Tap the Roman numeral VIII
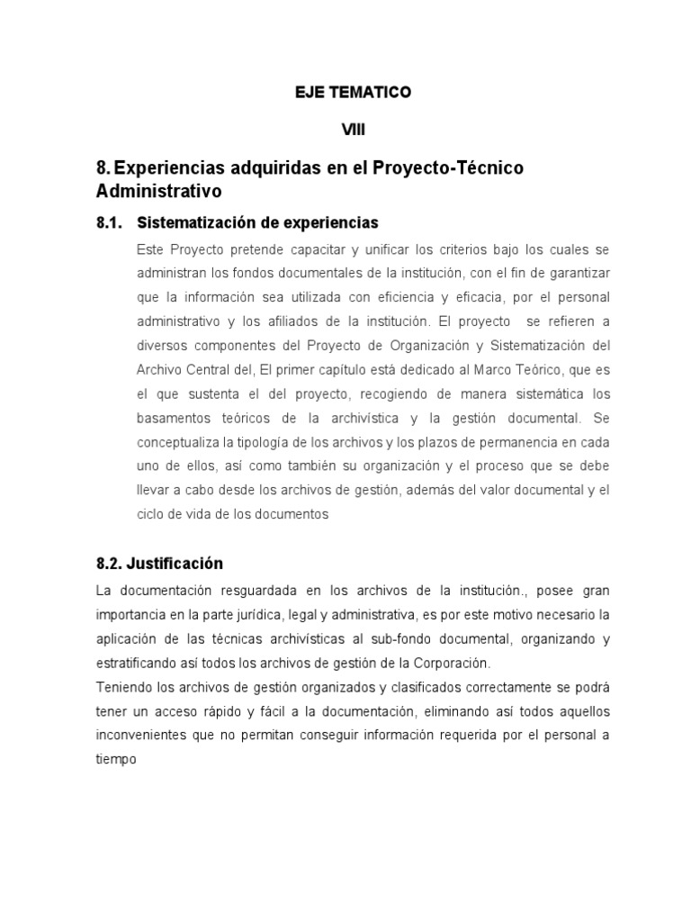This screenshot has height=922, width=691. (x=353, y=131)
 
